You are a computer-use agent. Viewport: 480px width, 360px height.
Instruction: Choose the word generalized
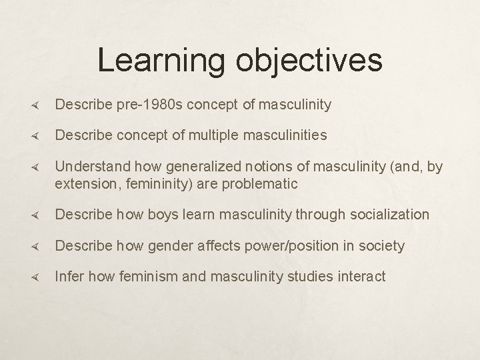coord(189,166)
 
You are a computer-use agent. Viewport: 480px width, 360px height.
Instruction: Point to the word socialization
coord(387,215)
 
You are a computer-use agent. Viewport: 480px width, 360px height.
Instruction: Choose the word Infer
coord(69,276)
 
